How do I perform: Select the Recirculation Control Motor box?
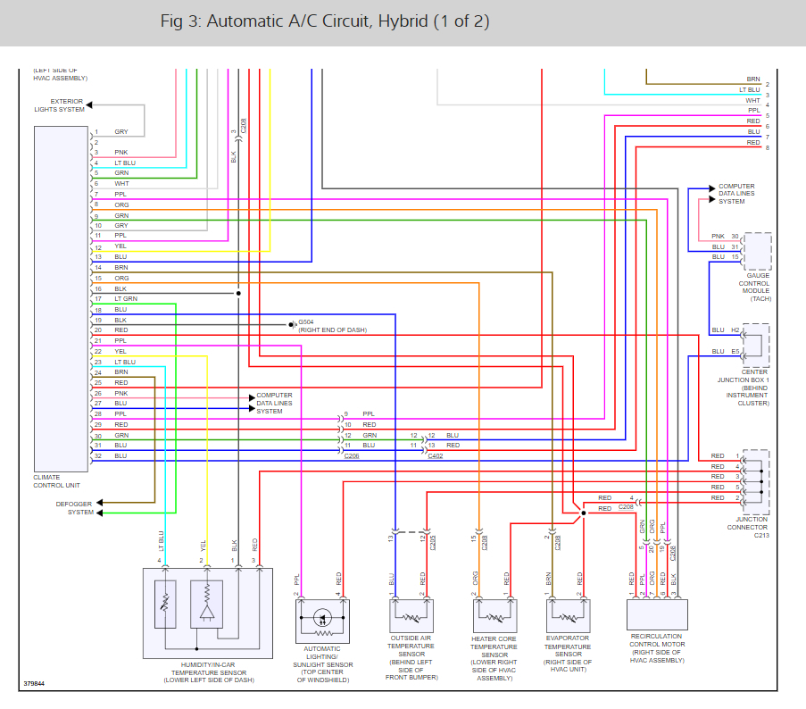tap(657, 614)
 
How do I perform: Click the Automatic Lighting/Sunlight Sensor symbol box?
tap(322, 618)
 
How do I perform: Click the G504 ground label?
tap(306, 322)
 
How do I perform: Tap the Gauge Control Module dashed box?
tap(757, 251)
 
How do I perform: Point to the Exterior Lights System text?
tap(60, 105)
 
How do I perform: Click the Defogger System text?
tap(73, 508)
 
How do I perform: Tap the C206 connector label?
tap(352, 455)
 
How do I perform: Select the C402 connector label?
tap(435, 455)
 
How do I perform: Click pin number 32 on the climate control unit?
tap(98, 455)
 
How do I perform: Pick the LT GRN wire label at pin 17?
tap(126, 298)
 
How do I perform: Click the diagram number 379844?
tap(36, 686)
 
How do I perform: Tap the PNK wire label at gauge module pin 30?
tap(718, 236)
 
